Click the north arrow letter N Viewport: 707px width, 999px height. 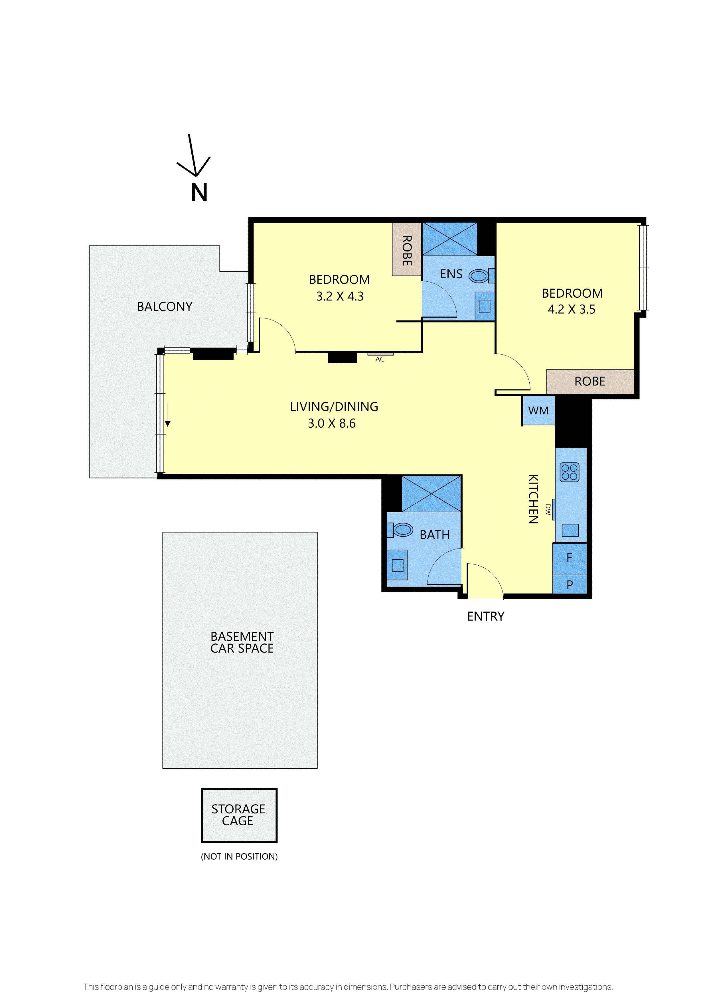click(x=199, y=192)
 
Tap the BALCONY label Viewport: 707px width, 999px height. click(x=165, y=307)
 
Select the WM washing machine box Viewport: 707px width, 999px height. click(x=538, y=410)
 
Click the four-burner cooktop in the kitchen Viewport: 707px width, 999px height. click(x=570, y=472)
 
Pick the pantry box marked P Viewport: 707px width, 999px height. click(x=570, y=584)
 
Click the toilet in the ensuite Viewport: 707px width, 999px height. click(x=481, y=276)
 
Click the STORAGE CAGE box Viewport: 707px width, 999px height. click(x=239, y=815)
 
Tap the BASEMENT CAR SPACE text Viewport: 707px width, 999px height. click(x=242, y=642)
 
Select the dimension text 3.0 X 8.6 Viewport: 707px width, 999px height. click(x=332, y=423)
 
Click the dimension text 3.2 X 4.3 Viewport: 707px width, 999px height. click(x=340, y=296)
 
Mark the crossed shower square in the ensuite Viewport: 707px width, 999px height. click(x=450, y=239)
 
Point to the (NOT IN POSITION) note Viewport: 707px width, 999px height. click(x=239, y=857)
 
